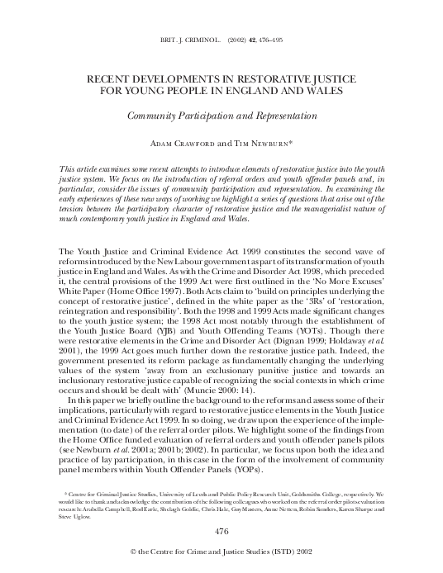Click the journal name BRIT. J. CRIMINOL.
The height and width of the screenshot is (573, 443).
(x=186, y=39)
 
